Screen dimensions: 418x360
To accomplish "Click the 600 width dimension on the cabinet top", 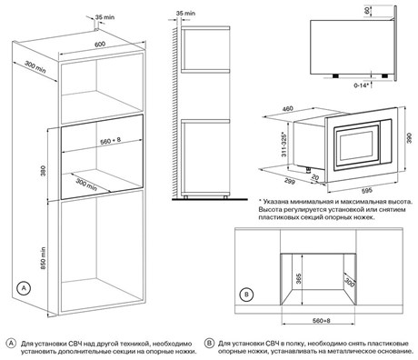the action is [x=100, y=44].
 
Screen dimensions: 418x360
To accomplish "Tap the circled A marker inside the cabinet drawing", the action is [x=24, y=288].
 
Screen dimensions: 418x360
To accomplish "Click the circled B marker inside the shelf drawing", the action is [x=246, y=295].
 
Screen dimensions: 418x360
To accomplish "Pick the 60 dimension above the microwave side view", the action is [x=368, y=10].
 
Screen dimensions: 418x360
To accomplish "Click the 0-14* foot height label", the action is [x=362, y=85].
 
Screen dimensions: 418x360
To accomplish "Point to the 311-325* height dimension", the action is [x=284, y=145].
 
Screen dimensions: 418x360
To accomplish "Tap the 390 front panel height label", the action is [x=409, y=138].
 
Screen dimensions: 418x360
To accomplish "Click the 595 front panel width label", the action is [x=367, y=191].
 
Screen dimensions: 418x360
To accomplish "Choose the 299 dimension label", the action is [x=290, y=181].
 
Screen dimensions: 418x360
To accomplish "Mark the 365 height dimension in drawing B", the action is [x=299, y=279].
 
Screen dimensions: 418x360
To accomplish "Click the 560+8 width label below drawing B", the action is [x=322, y=321].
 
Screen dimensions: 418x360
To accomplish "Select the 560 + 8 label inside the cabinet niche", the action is [x=111, y=140].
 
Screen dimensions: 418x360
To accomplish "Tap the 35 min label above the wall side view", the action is [x=185, y=14].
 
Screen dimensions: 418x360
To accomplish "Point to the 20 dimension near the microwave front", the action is [x=315, y=177].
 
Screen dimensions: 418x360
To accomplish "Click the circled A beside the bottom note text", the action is [x=11, y=344].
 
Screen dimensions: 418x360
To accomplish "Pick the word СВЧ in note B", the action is [x=274, y=344].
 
